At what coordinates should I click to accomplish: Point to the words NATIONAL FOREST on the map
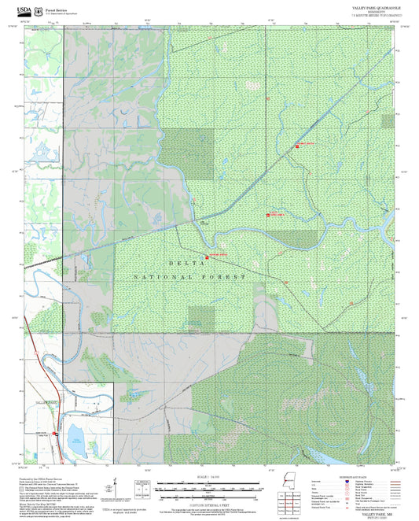[x=189, y=278]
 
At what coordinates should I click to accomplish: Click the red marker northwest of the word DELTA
[x=207, y=257]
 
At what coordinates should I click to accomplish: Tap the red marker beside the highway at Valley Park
[x=56, y=433]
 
